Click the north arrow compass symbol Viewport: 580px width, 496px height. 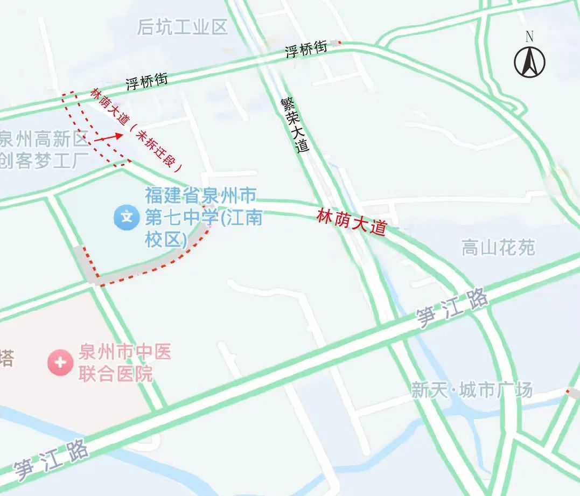[529, 62]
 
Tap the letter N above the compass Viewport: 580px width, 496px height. [529, 37]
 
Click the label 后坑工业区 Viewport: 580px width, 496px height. [183, 27]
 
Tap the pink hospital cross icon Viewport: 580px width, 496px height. [60, 362]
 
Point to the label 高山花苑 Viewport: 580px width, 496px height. [498, 248]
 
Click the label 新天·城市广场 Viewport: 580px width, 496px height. [472, 389]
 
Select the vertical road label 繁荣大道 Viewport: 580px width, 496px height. [295, 125]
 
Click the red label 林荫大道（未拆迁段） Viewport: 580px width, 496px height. [137, 129]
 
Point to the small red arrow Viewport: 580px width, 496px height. [108, 137]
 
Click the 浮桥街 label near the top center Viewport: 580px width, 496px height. [306, 50]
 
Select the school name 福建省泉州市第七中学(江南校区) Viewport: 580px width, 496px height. [202, 216]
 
